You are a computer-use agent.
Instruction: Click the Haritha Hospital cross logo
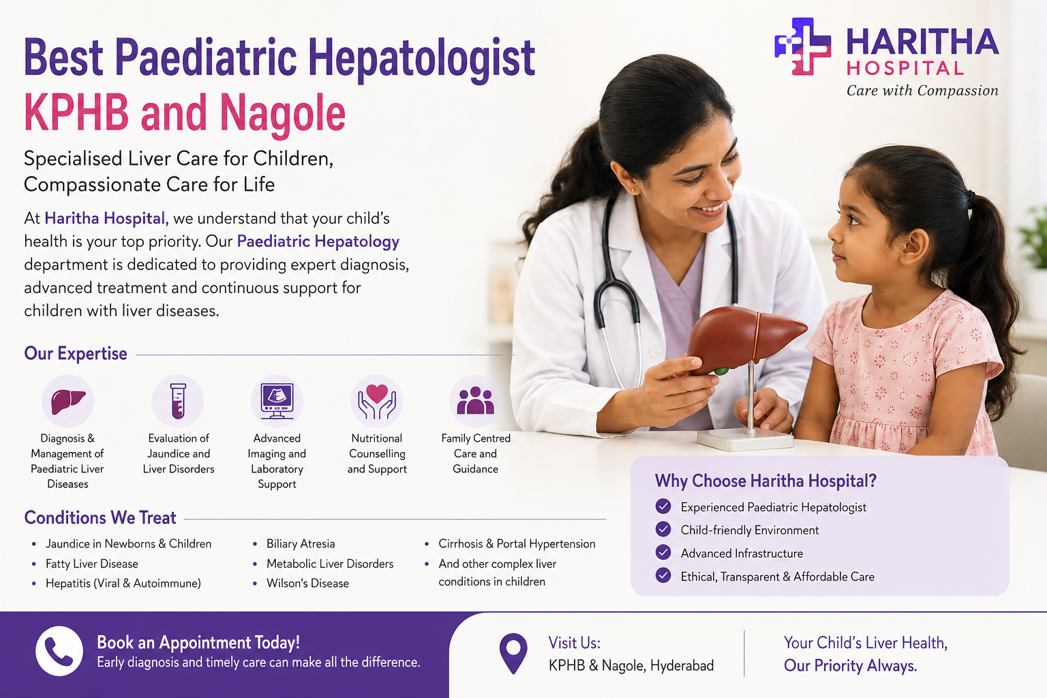[x=802, y=46]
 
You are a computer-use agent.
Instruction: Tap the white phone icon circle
[x=59, y=651]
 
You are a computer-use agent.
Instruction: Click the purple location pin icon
[x=513, y=653]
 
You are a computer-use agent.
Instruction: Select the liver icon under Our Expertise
[x=67, y=401]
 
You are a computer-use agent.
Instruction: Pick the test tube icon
[x=178, y=401]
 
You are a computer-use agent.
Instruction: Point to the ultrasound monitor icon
[x=277, y=401]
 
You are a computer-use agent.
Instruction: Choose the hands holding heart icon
[x=377, y=401]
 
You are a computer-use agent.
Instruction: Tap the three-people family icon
[x=475, y=401]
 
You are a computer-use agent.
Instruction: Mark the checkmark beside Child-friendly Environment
[x=663, y=529]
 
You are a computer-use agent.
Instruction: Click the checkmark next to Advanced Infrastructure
[x=663, y=552]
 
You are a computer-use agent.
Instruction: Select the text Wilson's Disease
[x=307, y=583]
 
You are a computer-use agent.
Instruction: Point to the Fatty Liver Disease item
[x=92, y=564]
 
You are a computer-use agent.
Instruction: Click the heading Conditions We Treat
[x=100, y=517]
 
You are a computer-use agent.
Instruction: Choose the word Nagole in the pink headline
[x=282, y=114]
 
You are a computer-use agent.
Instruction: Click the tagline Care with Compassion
[x=922, y=90]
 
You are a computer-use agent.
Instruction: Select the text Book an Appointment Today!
[x=198, y=642]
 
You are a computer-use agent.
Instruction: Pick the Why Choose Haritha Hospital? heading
[x=765, y=481]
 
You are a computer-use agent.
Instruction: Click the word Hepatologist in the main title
[x=422, y=59]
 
